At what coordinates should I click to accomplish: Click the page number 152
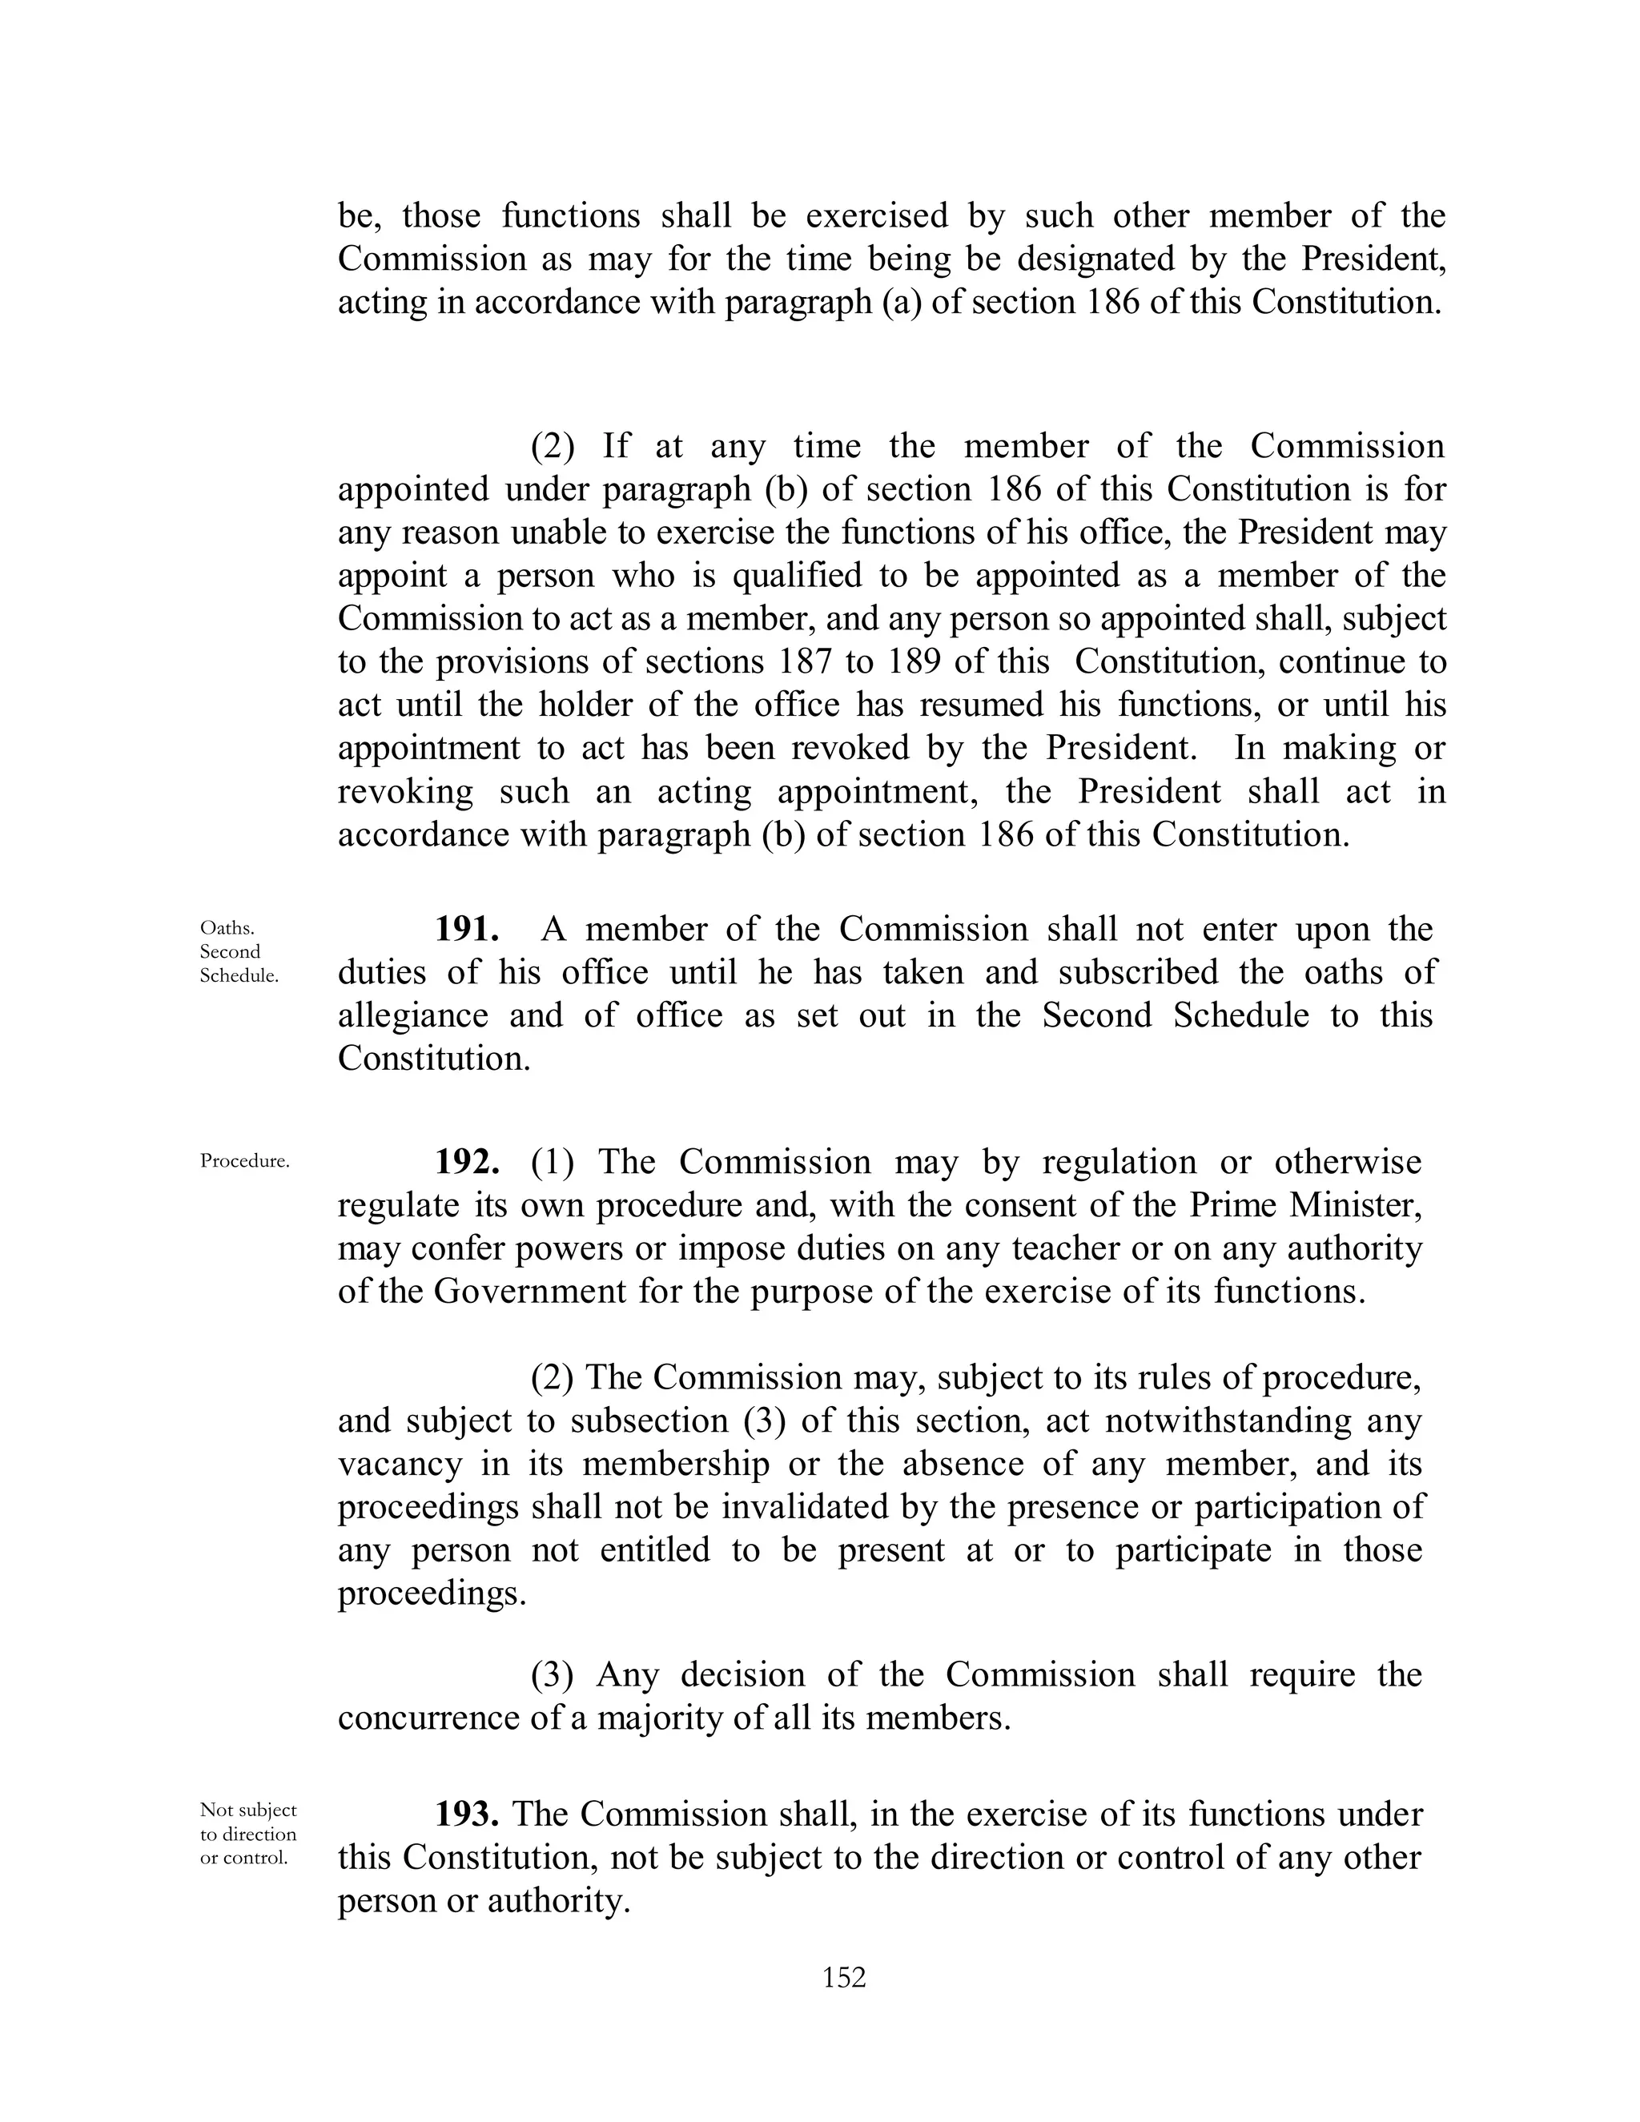pyautogui.click(x=843, y=1976)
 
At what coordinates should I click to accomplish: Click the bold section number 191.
pyautogui.click(x=468, y=929)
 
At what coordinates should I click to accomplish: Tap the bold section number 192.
pyautogui.click(x=468, y=1162)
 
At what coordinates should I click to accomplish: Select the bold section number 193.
pyautogui.click(x=468, y=1814)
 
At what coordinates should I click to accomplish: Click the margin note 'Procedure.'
pyautogui.click(x=245, y=1161)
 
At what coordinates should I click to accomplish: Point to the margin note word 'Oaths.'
pyautogui.click(x=227, y=928)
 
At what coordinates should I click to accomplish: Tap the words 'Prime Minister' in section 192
pyautogui.click(x=1306, y=1205)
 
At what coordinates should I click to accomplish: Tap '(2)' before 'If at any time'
pyautogui.click(x=552, y=446)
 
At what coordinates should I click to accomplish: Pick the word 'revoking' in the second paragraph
pyautogui.click(x=405, y=791)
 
